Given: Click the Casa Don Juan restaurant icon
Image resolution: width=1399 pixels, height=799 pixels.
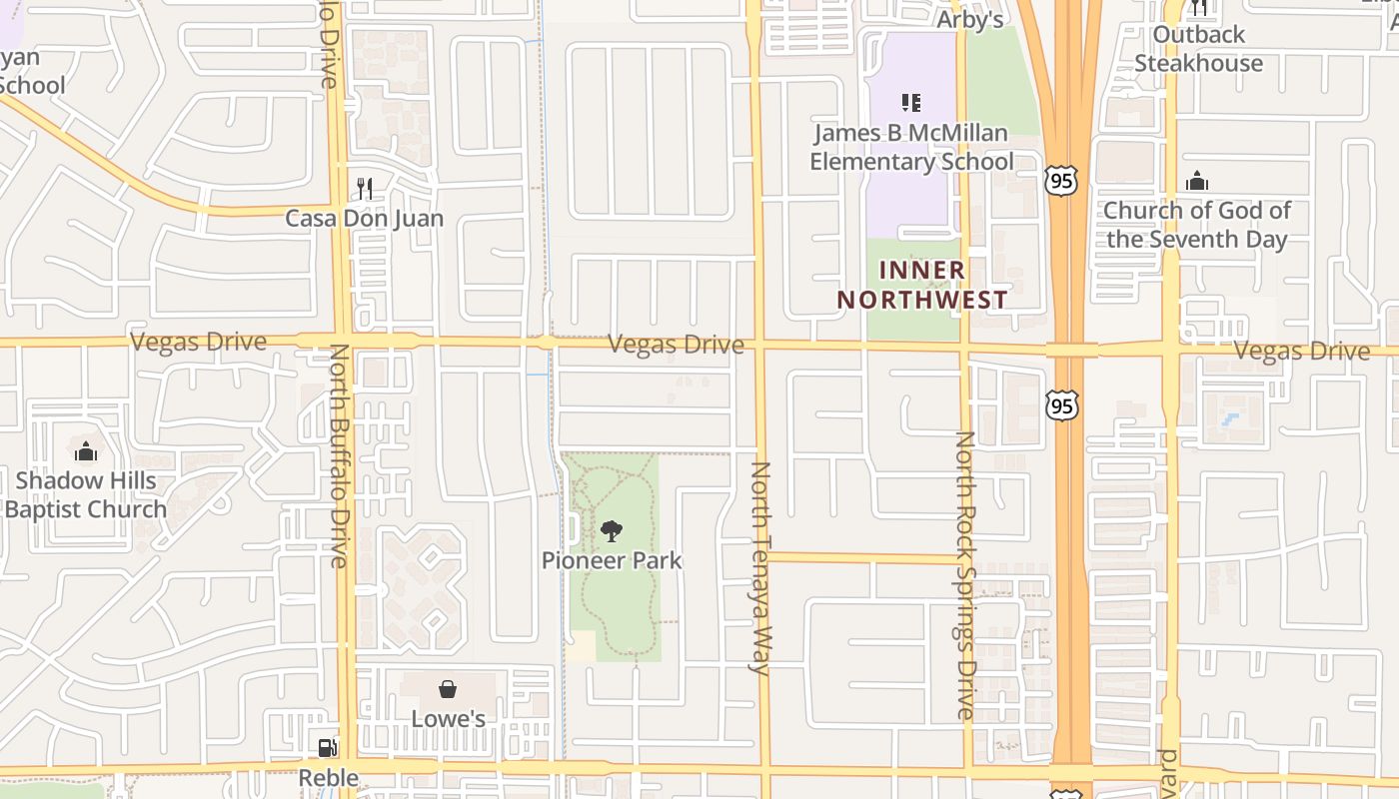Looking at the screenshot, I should [x=365, y=188].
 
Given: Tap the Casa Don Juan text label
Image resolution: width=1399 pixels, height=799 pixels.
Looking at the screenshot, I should [x=365, y=218].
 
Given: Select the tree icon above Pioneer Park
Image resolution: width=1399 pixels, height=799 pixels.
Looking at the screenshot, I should [x=612, y=530].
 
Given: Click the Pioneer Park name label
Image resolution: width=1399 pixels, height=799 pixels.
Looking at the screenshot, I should [x=612, y=560].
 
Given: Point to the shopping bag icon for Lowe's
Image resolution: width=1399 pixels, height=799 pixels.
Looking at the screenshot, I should [x=448, y=689].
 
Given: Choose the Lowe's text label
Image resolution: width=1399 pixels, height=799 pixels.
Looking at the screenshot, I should [x=448, y=719].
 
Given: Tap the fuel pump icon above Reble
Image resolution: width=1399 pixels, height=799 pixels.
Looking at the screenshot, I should [x=327, y=747].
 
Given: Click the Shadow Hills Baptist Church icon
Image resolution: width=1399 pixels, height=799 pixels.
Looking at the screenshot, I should [x=86, y=451].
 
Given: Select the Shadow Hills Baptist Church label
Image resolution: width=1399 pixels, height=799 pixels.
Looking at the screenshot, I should [x=86, y=494].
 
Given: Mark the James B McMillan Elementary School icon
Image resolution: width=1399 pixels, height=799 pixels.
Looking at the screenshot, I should [x=910, y=102].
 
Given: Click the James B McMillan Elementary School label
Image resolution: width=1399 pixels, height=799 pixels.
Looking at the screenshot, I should [x=911, y=147].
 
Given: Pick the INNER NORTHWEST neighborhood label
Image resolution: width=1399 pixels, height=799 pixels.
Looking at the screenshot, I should [x=921, y=285].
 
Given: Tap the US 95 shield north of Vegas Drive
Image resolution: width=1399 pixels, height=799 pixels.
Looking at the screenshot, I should [x=1061, y=180].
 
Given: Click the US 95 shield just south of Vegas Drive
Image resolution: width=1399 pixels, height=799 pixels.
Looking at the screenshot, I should [x=1062, y=405].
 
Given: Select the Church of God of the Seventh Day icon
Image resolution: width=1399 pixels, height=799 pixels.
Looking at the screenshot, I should [x=1196, y=182].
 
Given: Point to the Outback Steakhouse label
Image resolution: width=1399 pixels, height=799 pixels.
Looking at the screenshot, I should [x=1198, y=49].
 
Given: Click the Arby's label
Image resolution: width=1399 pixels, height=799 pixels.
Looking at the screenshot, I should [x=969, y=20].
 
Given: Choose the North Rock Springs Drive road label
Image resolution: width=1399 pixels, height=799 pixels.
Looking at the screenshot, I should [x=965, y=575].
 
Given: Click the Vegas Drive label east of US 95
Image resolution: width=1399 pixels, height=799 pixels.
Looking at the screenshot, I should [x=1301, y=351].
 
